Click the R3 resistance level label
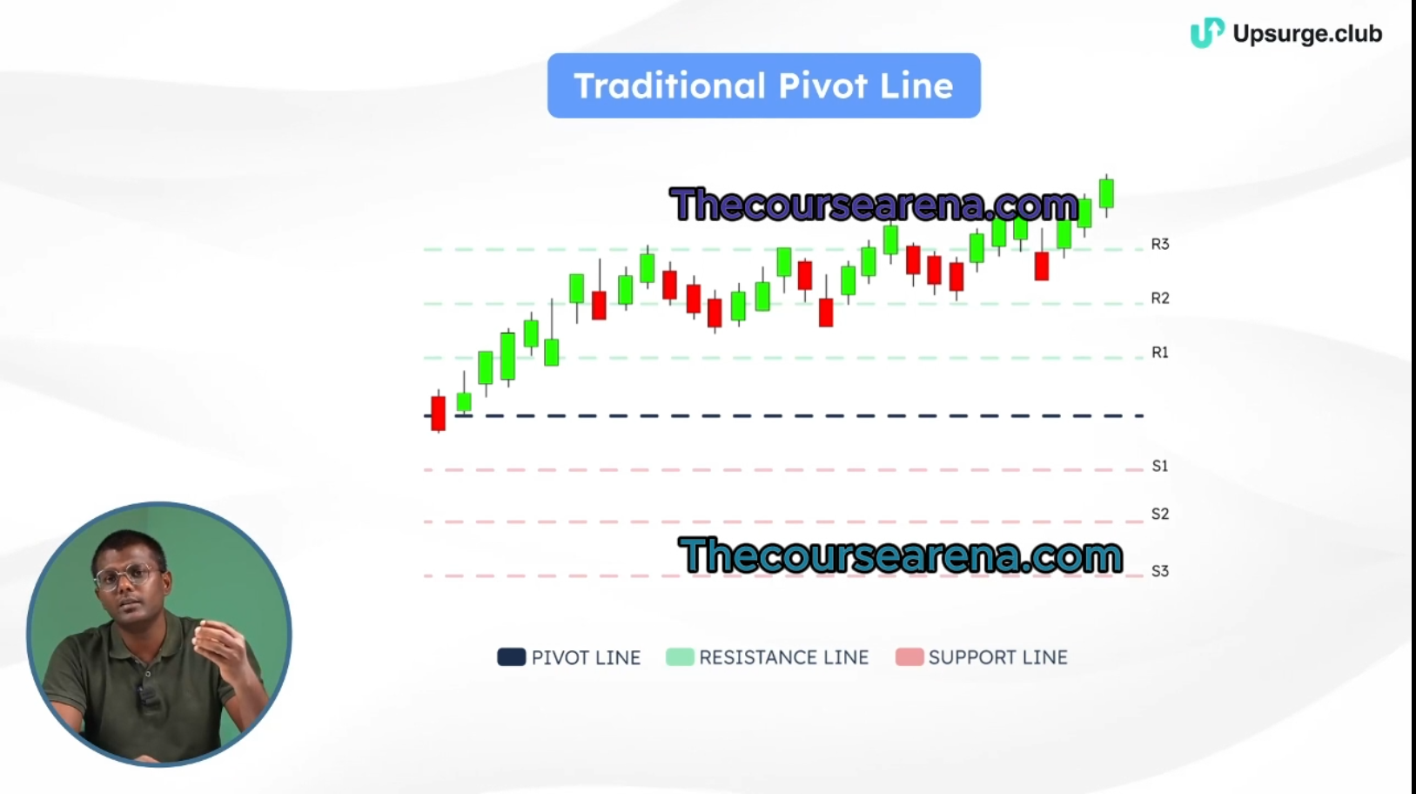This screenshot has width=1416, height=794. (x=1160, y=244)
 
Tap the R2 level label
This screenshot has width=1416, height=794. (x=1160, y=298)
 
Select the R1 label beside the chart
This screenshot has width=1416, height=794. (x=1160, y=352)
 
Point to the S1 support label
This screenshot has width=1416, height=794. (x=1160, y=466)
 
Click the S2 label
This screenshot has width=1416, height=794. (x=1160, y=514)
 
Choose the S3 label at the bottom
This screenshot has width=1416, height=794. (x=1160, y=571)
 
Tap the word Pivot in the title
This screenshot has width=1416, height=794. (x=822, y=86)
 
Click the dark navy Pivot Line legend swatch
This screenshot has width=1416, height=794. (x=512, y=656)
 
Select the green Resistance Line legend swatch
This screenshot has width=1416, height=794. (x=681, y=656)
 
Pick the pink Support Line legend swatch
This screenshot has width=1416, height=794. (x=909, y=656)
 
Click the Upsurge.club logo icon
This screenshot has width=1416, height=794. (x=1207, y=33)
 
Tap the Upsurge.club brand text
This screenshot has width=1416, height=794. (x=1307, y=33)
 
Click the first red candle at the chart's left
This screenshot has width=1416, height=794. (x=438, y=413)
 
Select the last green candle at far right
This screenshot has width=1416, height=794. (x=1106, y=193)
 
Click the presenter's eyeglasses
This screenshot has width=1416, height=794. (x=126, y=576)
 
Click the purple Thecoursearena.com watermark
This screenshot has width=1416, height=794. (x=875, y=205)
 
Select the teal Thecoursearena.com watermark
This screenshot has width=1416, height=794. (x=901, y=555)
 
